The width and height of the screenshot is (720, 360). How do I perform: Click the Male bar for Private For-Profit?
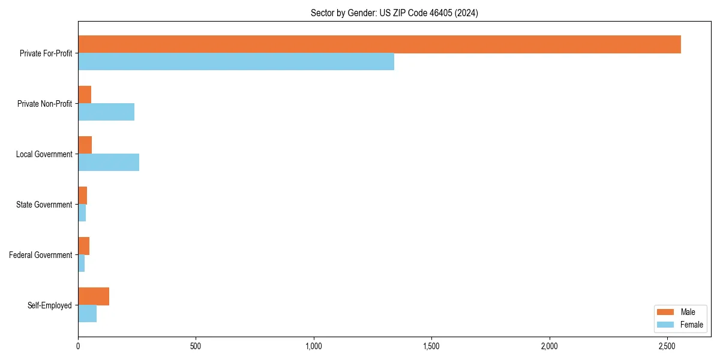(379, 44)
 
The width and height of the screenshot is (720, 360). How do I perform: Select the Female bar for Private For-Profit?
(236, 62)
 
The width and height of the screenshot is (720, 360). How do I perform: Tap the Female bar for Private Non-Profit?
(106, 112)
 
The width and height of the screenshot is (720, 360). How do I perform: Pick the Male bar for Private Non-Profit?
(85, 95)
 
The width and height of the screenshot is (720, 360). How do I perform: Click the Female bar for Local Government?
(109, 163)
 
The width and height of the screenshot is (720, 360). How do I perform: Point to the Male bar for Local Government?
(85, 145)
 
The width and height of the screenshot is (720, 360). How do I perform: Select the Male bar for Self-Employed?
(94, 296)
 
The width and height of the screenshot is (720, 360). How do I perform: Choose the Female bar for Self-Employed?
(87, 314)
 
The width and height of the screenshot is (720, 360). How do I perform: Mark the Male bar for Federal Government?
(83, 246)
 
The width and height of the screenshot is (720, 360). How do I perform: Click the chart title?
(394, 13)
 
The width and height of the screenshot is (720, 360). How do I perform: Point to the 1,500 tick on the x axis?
(431, 346)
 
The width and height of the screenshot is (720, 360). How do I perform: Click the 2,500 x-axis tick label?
(667, 346)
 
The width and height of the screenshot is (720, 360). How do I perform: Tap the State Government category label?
(44, 205)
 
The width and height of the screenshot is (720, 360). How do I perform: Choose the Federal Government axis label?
(41, 255)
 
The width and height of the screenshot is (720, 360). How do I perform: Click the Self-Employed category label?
(50, 305)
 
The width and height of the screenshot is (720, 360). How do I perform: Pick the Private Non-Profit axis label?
(44, 104)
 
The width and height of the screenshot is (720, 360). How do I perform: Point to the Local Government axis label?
(44, 154)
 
